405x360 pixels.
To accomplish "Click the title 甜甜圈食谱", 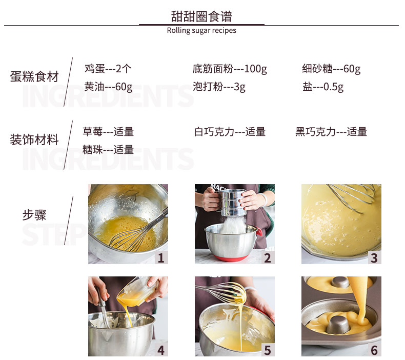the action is coord(201,16).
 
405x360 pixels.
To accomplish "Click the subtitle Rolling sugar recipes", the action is coord(201,30).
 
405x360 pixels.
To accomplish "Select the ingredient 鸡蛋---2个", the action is coord(108,69).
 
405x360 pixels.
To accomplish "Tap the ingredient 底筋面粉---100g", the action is coord(230,69).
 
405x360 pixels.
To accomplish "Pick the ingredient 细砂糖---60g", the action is coord(331,69).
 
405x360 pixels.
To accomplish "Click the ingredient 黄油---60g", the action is coord(108,87).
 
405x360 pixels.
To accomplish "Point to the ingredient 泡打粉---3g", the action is coord(219,87).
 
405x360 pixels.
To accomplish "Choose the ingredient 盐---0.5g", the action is coord(323,87).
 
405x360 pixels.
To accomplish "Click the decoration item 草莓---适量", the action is coord(108,132).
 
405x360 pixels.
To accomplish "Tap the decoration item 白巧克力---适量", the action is coord(230,132).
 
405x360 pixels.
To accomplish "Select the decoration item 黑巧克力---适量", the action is coord(331,132).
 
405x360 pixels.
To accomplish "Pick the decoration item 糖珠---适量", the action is coord(108,150).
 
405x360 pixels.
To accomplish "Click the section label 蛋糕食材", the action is coord(34,77).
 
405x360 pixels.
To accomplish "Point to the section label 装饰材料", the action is coord(34,140).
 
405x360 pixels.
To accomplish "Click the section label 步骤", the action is coord(34,215).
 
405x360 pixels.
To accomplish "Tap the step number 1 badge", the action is coord(161,257).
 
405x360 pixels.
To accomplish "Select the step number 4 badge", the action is coord(161,350).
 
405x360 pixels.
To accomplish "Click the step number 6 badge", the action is coord(374,350).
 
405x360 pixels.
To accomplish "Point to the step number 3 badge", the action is coord(374,257).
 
